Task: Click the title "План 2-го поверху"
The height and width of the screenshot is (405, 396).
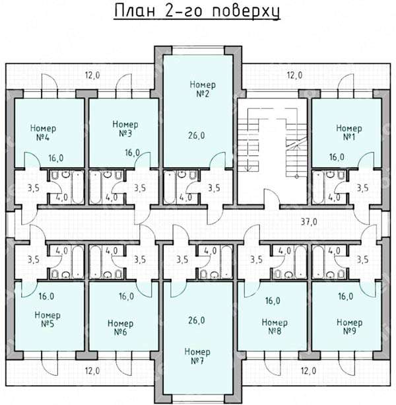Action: point(197,11)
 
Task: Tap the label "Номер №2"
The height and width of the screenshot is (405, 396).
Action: point(203,89)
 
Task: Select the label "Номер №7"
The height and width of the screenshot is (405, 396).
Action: point(197,356)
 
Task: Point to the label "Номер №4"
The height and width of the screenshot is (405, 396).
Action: point(43,133)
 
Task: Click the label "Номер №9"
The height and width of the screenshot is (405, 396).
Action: point(350,327)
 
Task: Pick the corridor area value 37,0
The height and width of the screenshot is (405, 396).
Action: point(309,222)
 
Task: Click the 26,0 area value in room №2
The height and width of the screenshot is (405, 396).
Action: point(197,135)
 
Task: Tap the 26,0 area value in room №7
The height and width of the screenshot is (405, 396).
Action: point(197,320)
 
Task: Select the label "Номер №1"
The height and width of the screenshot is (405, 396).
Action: point(349,133)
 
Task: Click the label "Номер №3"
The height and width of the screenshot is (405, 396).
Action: point(125,129)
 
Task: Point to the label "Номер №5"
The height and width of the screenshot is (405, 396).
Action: point(48,319)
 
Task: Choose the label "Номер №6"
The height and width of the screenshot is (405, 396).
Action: point(121,328)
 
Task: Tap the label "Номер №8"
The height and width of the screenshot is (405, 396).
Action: point(275,327)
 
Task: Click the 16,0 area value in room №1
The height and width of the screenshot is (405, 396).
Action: point(337,157)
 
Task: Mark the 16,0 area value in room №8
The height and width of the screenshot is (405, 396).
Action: point(273,301)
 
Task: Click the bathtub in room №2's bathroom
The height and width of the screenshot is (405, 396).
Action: point(170,187)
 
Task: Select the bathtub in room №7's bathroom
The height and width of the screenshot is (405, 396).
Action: point(226,262)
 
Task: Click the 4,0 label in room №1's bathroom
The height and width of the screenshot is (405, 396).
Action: point(334,198)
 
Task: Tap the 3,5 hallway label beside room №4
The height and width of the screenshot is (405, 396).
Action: point(34,188)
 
